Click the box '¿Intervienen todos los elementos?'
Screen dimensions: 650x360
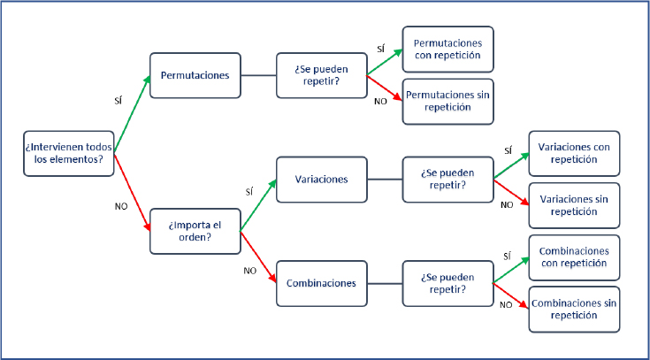coord(68,153)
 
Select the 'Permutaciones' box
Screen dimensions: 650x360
coord(195,75)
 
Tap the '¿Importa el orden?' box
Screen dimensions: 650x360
coord(195,232)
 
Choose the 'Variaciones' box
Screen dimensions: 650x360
coord(322,180)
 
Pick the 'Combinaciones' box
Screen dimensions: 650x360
coord(322,284)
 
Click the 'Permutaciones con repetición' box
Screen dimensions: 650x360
coord(447,50)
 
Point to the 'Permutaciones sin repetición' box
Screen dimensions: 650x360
coord(447,102)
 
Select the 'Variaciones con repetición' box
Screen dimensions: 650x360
coord(574,153)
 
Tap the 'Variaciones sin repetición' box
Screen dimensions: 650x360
coord(574,206)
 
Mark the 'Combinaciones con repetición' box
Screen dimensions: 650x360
coord(574,257)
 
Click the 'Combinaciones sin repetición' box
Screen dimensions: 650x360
coord(574,310)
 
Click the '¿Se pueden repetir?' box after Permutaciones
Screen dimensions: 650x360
coord(322,75)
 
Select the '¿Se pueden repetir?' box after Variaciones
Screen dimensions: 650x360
coord(447,180)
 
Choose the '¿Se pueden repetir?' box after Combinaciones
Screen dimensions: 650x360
coord(447,284)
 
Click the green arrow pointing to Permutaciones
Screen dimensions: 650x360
coord(132,114)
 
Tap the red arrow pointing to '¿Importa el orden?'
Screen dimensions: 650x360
coord(132,193)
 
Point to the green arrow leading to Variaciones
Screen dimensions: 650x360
coord(258,205)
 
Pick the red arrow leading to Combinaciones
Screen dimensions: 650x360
coord(258,257)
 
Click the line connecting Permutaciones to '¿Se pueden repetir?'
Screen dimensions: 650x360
coord(258,75)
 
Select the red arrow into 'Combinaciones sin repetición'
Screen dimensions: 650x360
coord(511,296)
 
